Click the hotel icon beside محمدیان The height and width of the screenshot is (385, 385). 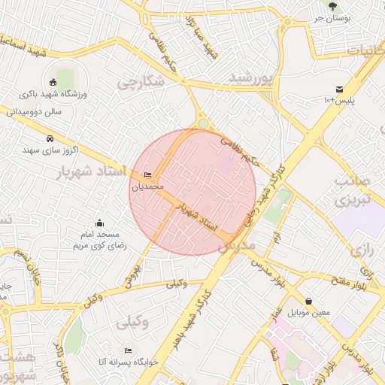pyautogui.click(x=147, y=175)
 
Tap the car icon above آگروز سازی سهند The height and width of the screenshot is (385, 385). pyautogui.click(x=50, y=139)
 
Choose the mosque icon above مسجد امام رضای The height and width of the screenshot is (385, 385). pyautogui.click(x=100, y=223)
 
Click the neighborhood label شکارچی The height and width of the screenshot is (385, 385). pyautogui.click(x=140, y=80)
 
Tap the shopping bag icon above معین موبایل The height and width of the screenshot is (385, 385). pyautogui.click(x=309, y=301)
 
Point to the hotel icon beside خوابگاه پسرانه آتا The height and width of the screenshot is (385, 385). pyautogui.click(x=128, y=351)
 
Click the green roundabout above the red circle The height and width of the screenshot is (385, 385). pyautogui.click(x=203, y=124)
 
